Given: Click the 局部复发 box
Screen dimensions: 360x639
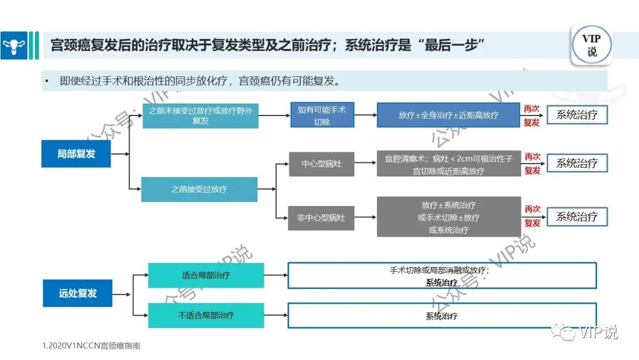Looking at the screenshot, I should [76, 154].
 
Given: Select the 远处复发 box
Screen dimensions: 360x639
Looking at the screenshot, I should [77, 293].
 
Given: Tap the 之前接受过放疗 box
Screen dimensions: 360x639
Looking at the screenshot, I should [199, 189].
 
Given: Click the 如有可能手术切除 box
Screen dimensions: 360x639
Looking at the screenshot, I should [322, 115].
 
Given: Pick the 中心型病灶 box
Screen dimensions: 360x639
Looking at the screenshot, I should [321, 163].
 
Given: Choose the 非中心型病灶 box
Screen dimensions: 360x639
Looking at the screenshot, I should [321, 218].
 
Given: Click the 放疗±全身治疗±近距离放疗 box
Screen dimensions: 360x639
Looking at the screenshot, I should [448, 115].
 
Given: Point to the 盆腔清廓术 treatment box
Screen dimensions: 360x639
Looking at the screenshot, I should [448, 163].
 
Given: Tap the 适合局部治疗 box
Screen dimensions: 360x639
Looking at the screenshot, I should [206, 275].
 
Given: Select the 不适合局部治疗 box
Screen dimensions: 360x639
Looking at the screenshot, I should [206, 315].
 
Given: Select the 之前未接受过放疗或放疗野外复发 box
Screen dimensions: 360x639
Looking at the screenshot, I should [201, 115].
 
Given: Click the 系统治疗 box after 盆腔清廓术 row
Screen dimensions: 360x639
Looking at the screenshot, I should [577, 163].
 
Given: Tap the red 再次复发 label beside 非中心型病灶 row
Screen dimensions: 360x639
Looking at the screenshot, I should [532, 216].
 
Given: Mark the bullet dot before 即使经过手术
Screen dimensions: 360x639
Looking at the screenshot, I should [46, 81].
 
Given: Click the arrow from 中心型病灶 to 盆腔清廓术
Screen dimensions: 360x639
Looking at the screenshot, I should [365, 163].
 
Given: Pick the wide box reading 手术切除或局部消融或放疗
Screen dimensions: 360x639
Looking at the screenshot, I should [441, 275].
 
